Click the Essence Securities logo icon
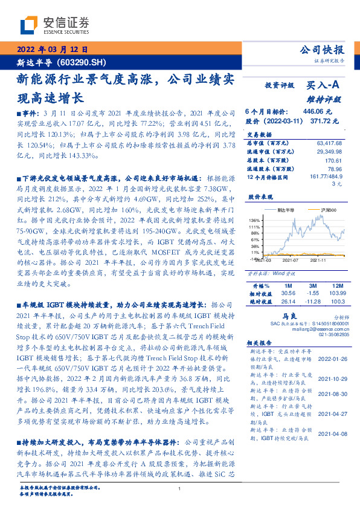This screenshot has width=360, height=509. (30, 26)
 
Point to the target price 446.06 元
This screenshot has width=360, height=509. (317, 111)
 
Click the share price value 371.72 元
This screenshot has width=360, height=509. (317, 121)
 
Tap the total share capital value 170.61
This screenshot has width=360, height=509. (333, 161)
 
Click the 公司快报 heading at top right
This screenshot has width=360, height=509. (322, 51)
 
